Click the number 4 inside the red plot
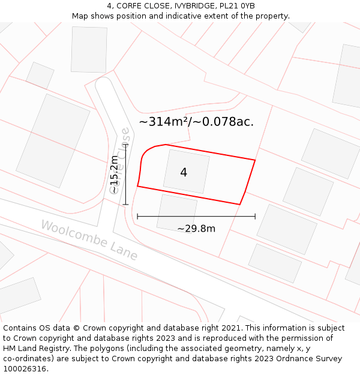click(x=184, y=172)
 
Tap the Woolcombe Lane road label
click(x=89, y=240)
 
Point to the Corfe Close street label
click(x=122, y=159)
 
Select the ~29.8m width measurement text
click(x=196, y=229)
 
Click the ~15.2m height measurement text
click(x=114, y=174)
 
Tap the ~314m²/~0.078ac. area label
click(x=196, y=122)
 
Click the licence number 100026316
click(x=25, y=369)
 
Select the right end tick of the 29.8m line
click(x=255, y=216)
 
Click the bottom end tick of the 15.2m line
click(x=125, y=205)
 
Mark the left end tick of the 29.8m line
click(x=137, y=216)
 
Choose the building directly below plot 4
click(x=176, y=211)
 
